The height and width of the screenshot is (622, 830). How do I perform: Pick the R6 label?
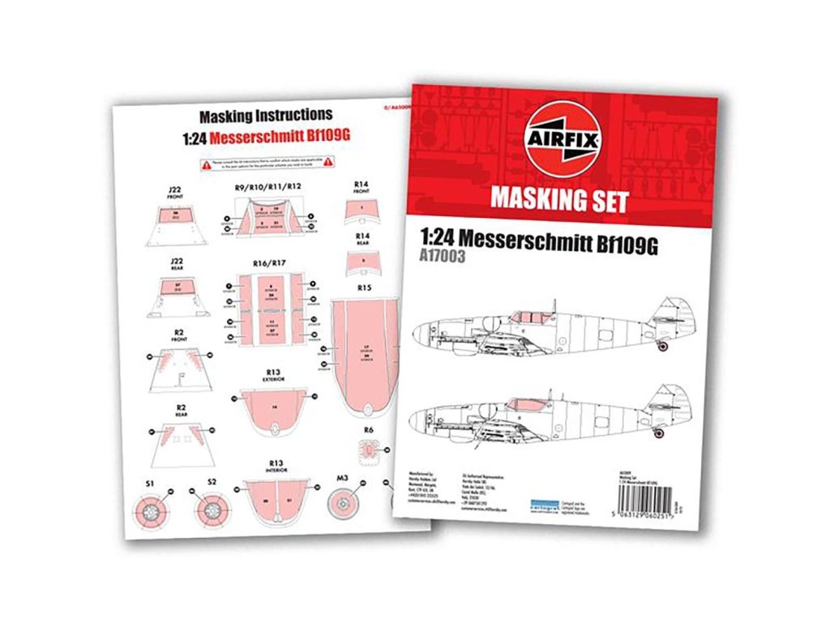click(x=368, y=429)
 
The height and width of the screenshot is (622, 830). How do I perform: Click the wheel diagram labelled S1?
click(x=150, y=509)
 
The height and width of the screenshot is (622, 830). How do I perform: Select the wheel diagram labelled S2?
click(x=212, y=509)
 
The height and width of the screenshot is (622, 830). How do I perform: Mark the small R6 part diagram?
click(x=370, y=449)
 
